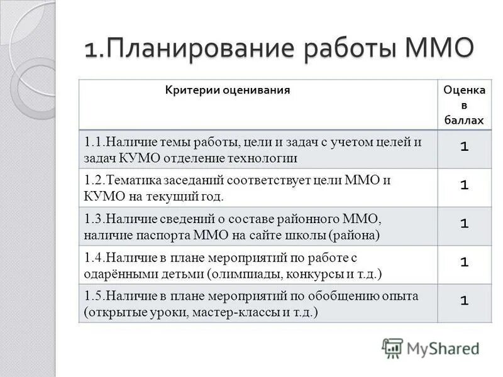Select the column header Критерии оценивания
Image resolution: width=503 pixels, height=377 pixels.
coord(228,90)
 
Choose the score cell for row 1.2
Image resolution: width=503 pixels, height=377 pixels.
coord(464,185)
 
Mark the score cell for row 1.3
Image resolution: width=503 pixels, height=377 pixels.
coord(464,223)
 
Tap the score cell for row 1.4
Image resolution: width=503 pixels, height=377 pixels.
coord(464,262)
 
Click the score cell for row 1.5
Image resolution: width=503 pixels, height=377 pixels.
coord(464,301)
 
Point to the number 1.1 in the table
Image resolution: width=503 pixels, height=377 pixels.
coord(94,142)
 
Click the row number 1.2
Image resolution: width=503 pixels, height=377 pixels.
coord(94,180)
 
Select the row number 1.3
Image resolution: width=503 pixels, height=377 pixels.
coord(94,219)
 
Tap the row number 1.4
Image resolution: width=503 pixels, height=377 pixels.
coord(94,258)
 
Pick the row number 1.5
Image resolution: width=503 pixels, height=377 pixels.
coord(94,296)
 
